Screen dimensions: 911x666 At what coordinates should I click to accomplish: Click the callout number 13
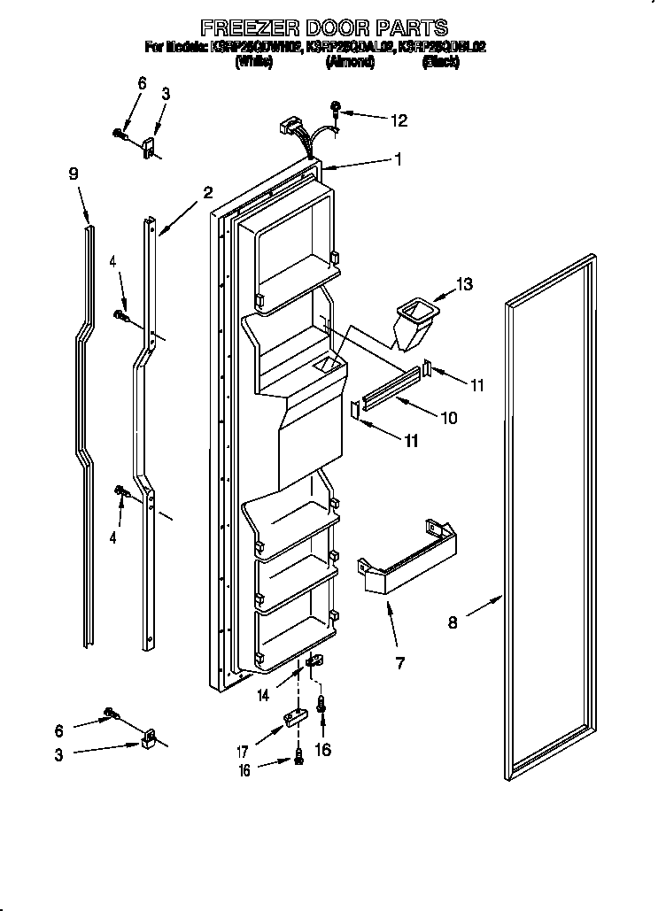[463, 284]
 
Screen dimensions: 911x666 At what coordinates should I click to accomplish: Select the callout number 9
[74, 174]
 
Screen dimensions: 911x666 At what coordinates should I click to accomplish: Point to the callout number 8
[453, 622]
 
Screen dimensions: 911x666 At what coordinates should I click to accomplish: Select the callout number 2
[207, 192]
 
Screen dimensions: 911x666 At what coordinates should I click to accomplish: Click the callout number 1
[398, 159]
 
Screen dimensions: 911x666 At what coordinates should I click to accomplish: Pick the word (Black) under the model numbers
[440, 62]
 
